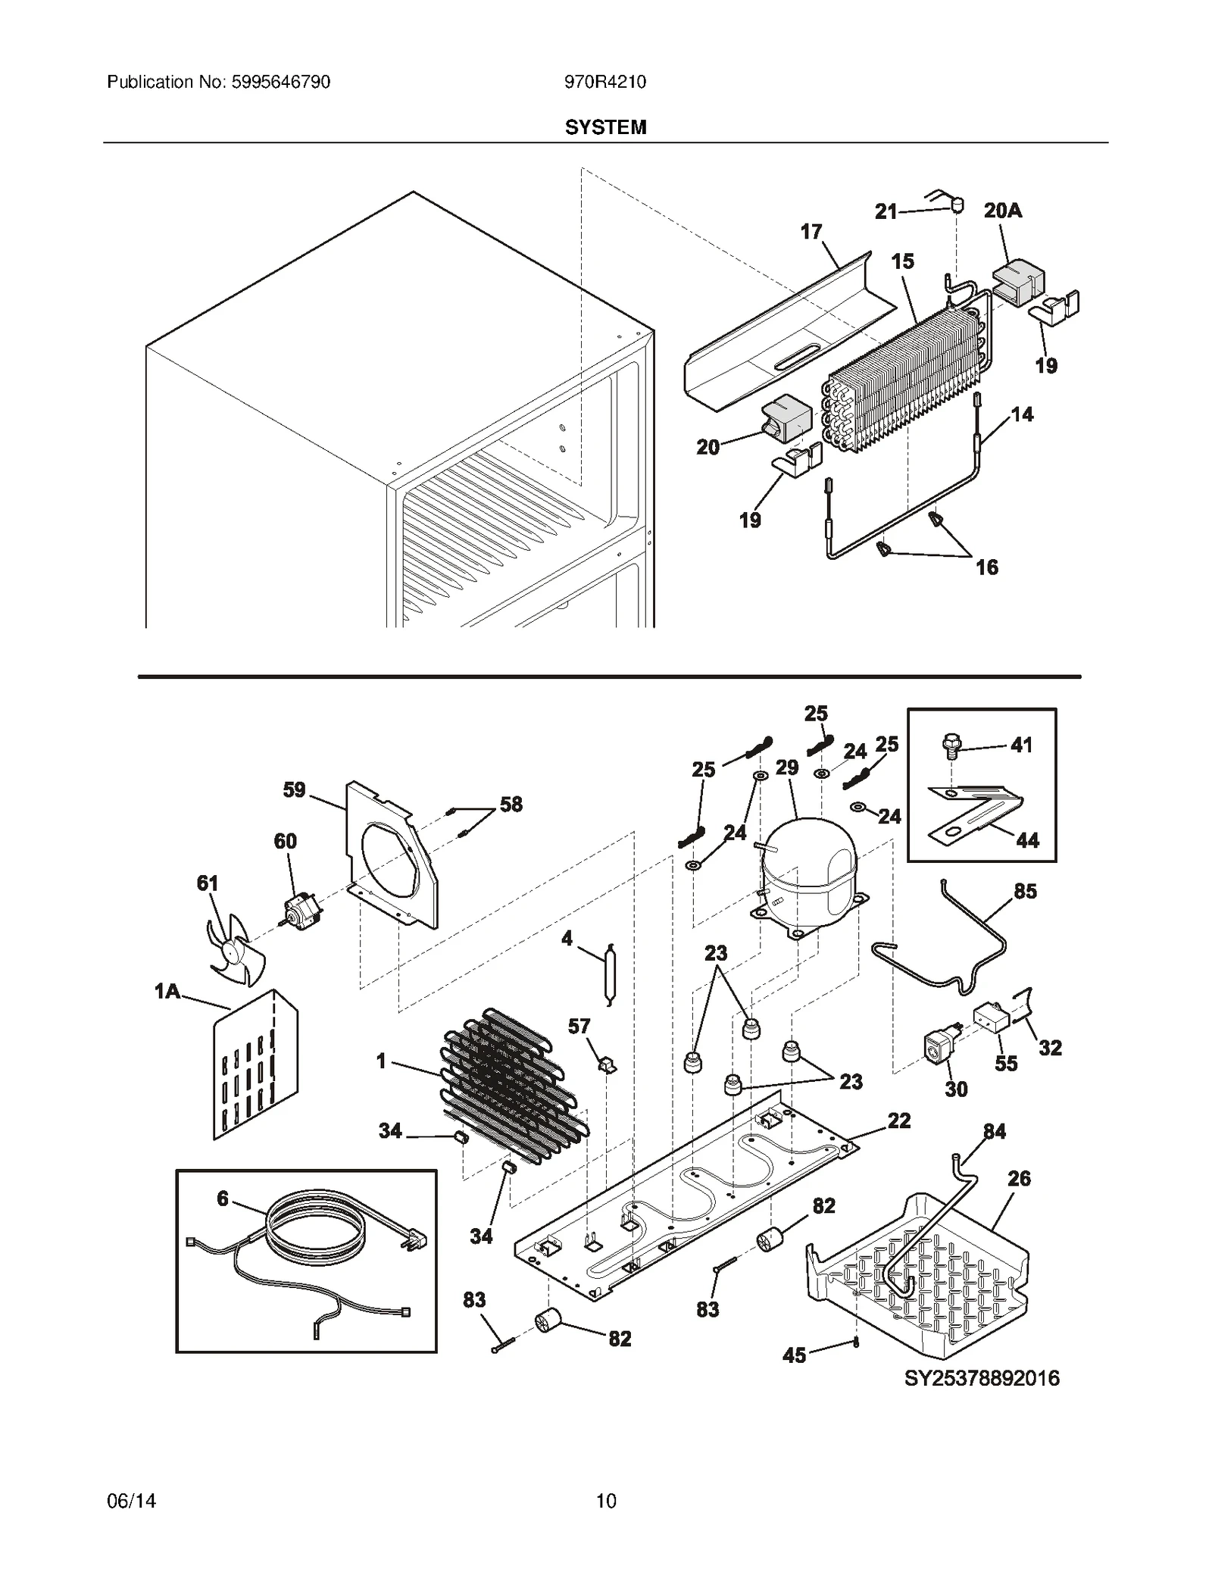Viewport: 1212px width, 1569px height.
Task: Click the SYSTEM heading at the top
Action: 605,127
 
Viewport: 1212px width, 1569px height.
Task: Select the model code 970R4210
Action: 604,82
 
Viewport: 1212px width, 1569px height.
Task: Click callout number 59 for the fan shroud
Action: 294,789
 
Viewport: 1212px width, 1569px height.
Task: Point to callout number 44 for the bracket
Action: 1027,839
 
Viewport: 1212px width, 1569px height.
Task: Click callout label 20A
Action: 1002,211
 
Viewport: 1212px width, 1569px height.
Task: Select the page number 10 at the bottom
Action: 606,1500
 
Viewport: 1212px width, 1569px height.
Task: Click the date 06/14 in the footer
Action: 132,1500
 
